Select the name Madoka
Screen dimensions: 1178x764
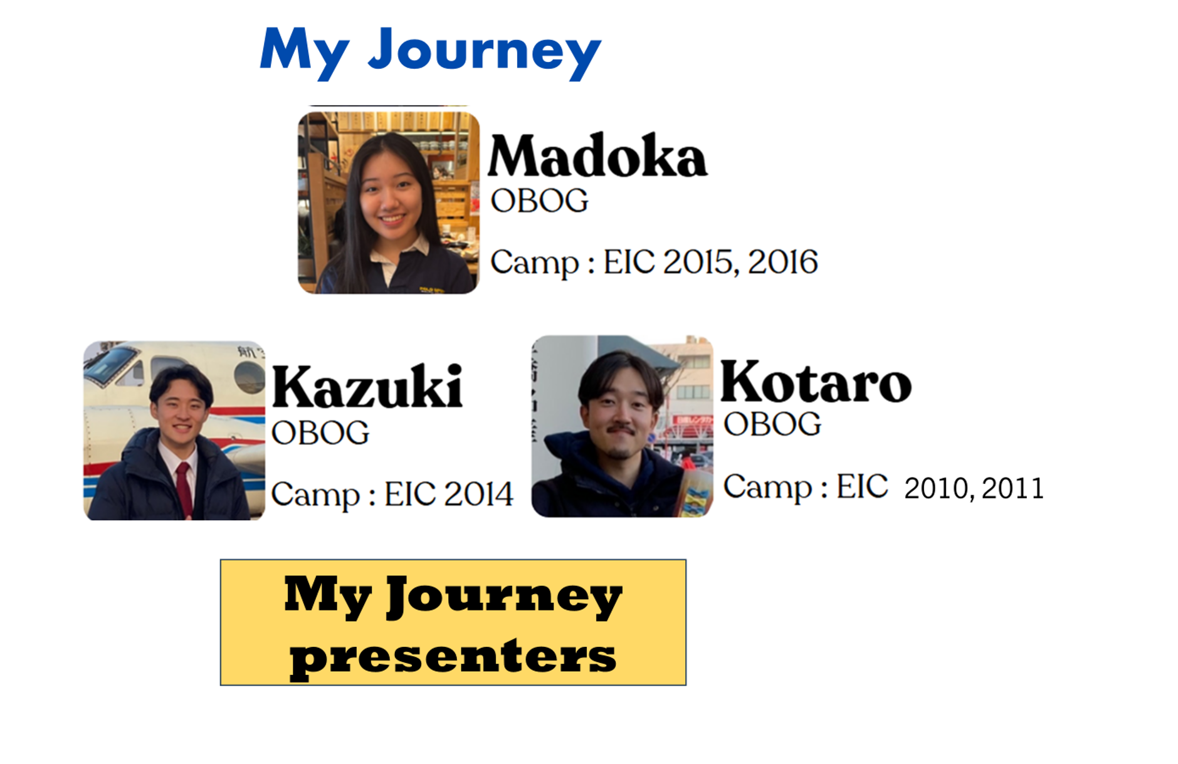point(597,155)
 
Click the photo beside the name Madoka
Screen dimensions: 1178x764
point(389,202)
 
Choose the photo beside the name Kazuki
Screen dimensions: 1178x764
point(174,431)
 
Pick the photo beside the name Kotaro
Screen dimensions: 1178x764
point(622,426)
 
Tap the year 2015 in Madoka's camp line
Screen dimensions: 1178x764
point(701,262)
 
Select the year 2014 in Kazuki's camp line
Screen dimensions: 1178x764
point(478,495)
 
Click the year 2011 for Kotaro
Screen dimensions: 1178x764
point(1012,489)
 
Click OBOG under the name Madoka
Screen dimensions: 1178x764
point(539,201)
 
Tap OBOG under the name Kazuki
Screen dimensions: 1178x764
point(320,433)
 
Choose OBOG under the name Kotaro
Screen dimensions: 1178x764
point(772,424)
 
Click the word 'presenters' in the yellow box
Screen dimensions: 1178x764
point(453,657)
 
